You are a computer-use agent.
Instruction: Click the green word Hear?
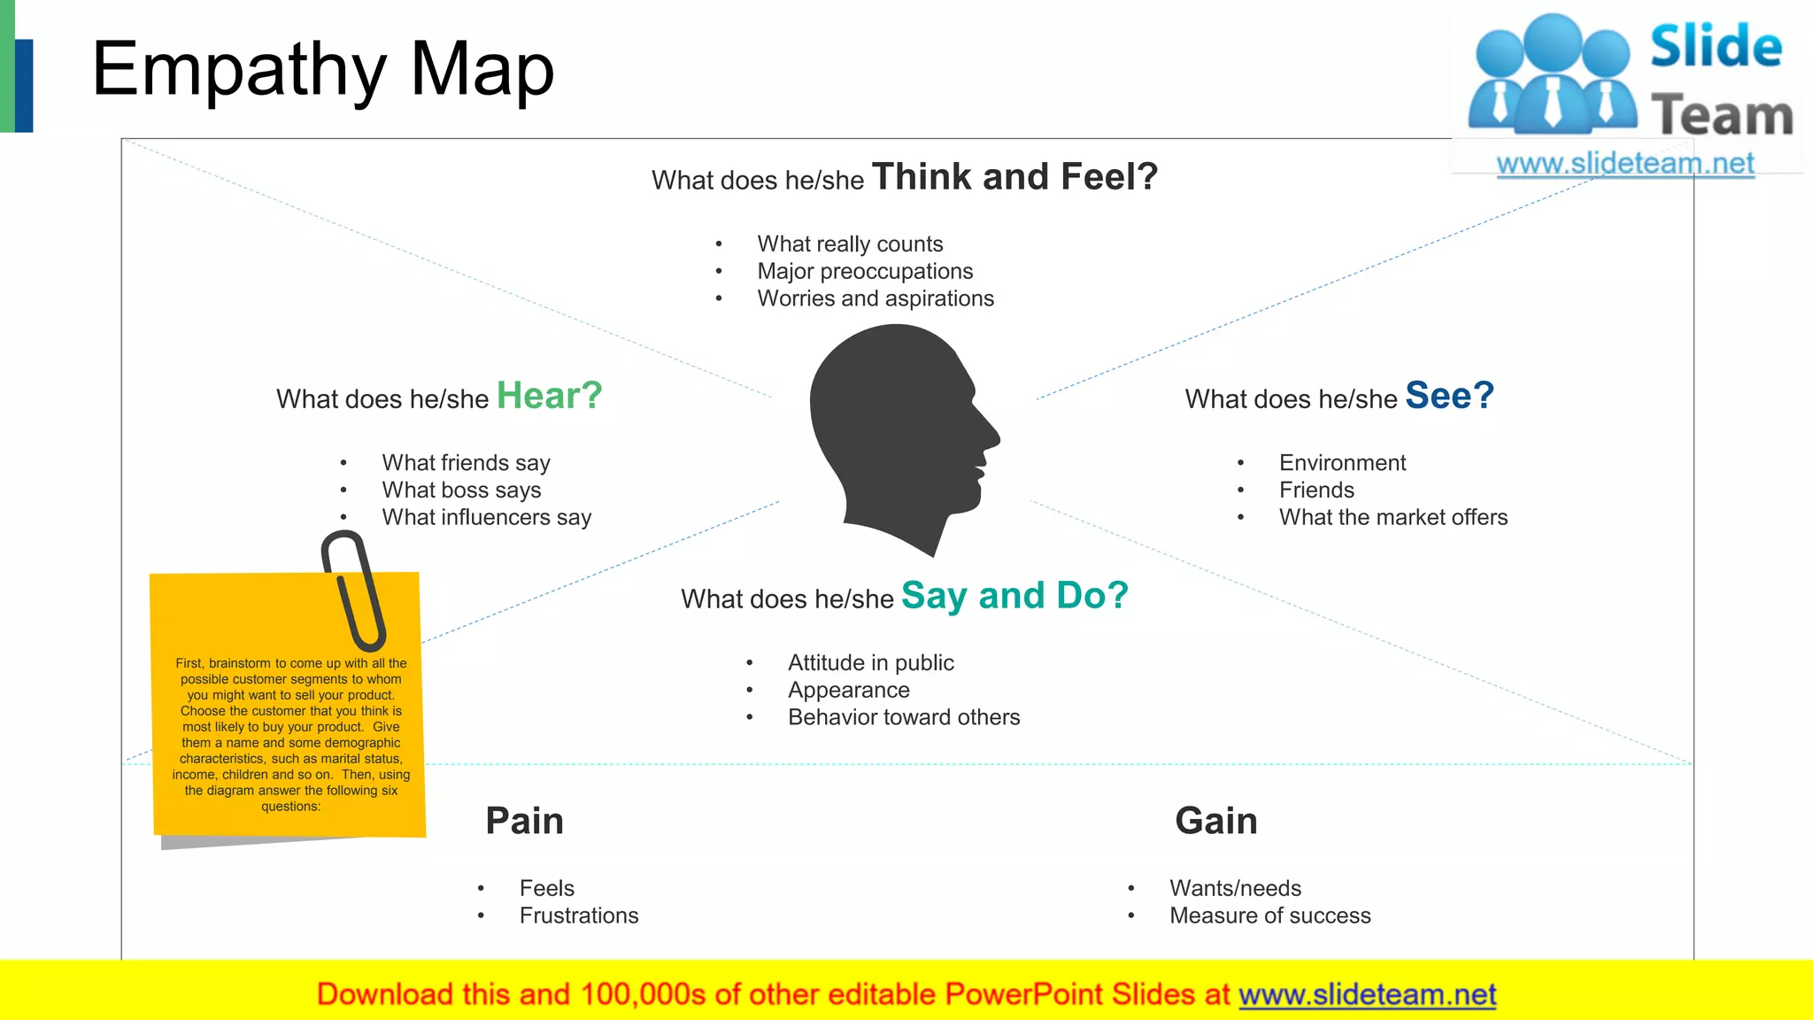pyautogui.click(x=549, y=396)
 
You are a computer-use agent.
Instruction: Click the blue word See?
pyautogui.click(x=1449, y=396)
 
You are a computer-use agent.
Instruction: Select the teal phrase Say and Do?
pyautogui.click(x=1015, y=596)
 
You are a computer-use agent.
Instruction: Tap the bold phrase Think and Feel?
pyautogui.click(x=1015, y=177)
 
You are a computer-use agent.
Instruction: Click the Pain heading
pyautogui.click(x=524, y=821)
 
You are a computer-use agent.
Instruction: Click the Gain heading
pyautogui.click(x=1215, y=821)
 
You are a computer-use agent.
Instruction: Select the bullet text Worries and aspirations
pyautogui.click(x=876, y=298)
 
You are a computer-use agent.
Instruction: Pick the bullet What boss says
pyautogui.click(x=461, y=490)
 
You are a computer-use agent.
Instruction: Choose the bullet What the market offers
pyautogui.click(x=1393, y=517)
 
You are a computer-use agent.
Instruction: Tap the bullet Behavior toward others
pyautogui.click(x=904, y=717)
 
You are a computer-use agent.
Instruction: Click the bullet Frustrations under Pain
pyautogui.click(x=579, y=916)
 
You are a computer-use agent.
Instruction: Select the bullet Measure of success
pyautogui.click(x=1269, y=916)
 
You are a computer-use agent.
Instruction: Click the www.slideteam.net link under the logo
pyautogui.click(x=1625, y=164)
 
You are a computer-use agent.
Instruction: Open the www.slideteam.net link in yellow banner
pyautogui.click(x=1367, y=994)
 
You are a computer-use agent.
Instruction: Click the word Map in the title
pyautogui.click(x=482, y=69)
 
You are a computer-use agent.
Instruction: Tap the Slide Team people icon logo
pyautogui.click(x=1552, y=75)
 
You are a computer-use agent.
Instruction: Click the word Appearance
pyautogui.click(x=849, y=690)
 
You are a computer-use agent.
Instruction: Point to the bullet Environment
pyautogui.click(x=1342, y=463)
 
